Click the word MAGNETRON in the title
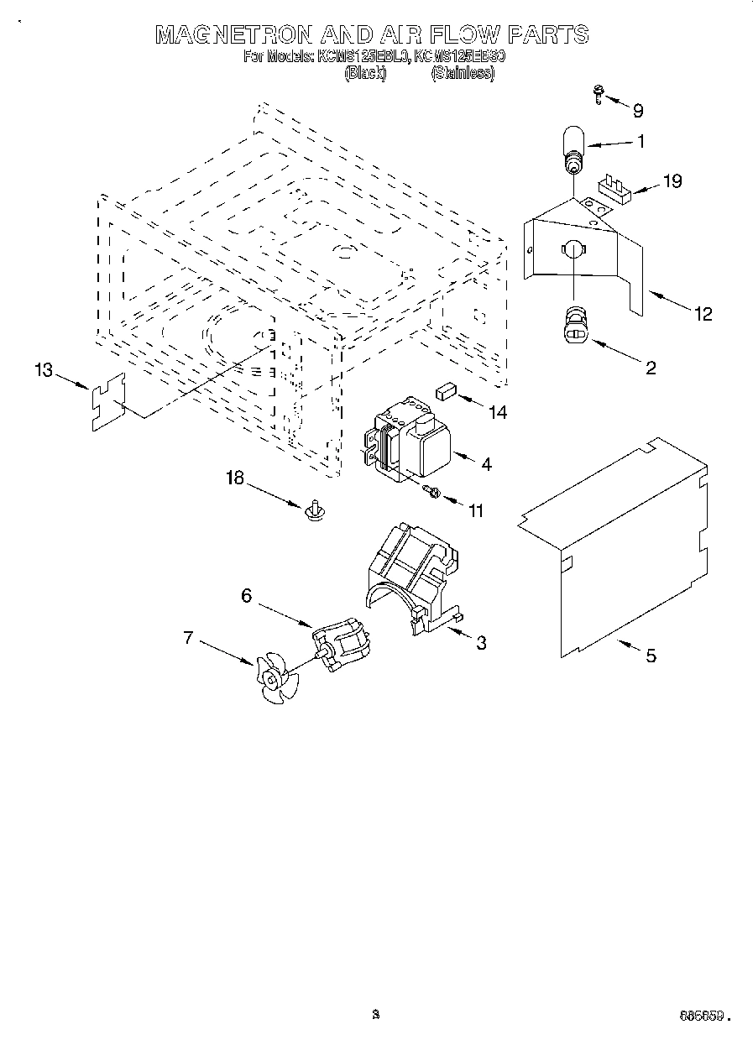(234, 34)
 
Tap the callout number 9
(638, 110)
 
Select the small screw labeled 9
(599, 94)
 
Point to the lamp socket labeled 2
(573, 325)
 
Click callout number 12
(703, 313)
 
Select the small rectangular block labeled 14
(445, 389)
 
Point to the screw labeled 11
(433, 492)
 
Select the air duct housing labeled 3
(411, 575)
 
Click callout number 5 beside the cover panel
(651, 656)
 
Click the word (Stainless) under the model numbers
(463, 73)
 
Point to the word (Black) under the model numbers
(364, 73)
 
